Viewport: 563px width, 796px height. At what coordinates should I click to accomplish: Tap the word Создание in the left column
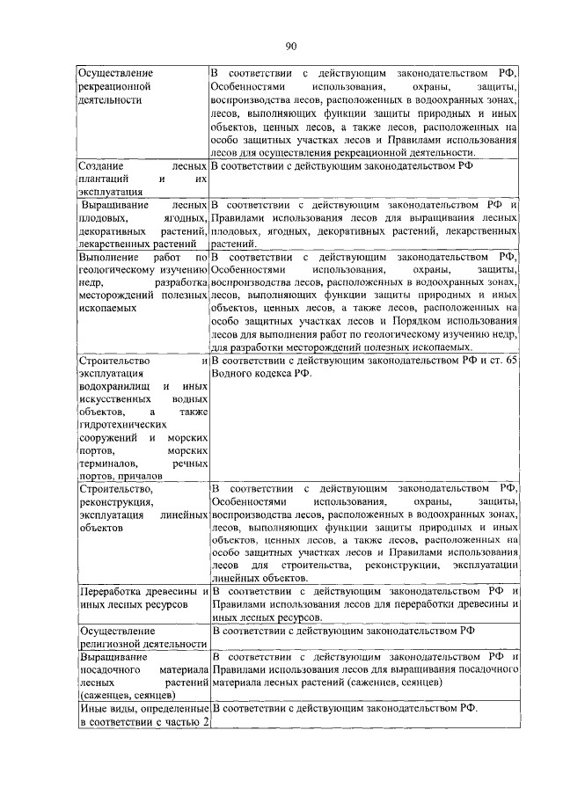pos(101,166)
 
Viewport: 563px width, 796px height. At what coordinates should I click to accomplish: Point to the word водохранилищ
pos(111,387)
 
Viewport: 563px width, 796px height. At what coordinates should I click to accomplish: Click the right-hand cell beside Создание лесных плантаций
pos(362,179)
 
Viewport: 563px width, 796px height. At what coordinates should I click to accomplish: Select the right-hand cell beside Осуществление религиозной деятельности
pos(362,638)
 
